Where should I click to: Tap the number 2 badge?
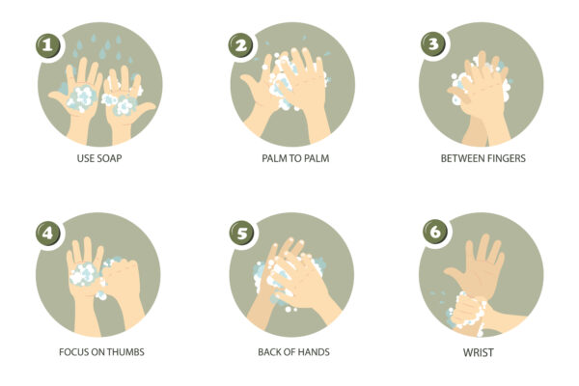241,44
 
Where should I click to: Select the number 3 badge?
433,44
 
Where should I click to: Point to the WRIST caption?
478,352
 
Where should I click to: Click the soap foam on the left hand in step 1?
81,96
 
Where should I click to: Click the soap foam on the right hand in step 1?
124,101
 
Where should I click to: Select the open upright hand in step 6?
482,265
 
